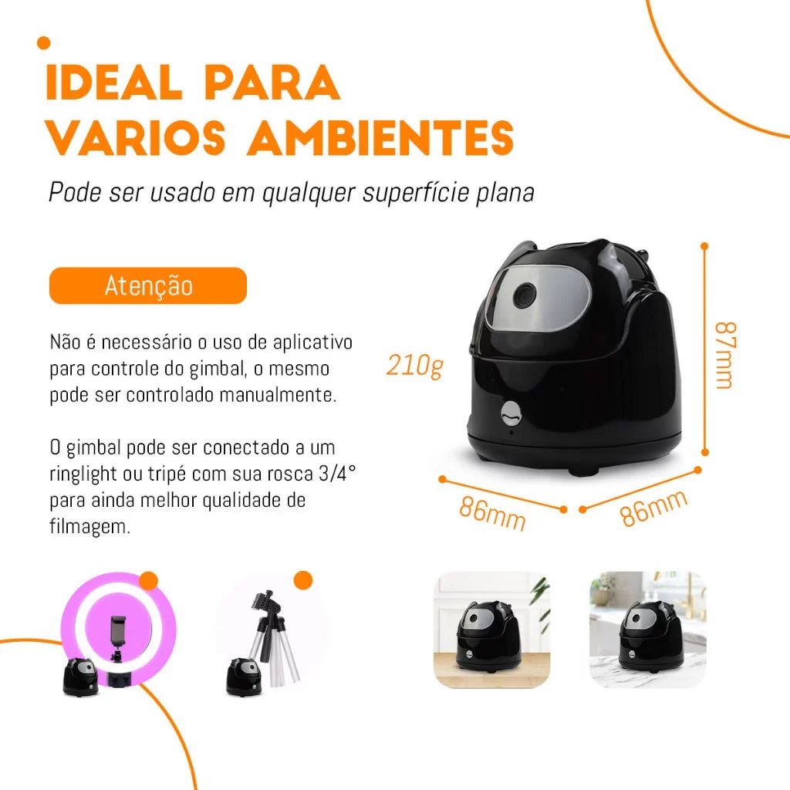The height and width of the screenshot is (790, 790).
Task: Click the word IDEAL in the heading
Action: click(x=114, y=82)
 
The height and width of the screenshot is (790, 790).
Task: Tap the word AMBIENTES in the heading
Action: click(x=380, y=137)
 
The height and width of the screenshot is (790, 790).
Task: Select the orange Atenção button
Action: click(x=148, y=285)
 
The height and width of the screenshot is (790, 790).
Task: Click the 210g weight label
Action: click(x=414, y=365)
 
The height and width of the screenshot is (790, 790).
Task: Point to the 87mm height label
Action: click(x=725, y=355)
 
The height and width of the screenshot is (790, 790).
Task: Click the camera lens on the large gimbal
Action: click(x=525, y=295)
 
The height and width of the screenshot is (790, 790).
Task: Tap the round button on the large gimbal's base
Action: click(x=512, y=414)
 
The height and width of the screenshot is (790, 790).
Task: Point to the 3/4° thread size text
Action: click(x=337, y=473)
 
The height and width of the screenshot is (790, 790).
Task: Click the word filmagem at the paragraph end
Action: click(x=89, y=526)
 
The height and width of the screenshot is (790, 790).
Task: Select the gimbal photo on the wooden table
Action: click(x=491, y=630)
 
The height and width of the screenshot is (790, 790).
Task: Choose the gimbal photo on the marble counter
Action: click(x=648, y=630)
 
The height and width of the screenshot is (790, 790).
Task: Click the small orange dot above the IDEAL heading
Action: click(x=44, y=43)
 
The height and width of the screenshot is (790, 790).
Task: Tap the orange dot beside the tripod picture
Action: click(x=302, y=580)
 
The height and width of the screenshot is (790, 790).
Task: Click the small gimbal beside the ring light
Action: click(x=80, y=677)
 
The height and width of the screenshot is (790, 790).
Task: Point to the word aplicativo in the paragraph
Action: click(x=312, y=343)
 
